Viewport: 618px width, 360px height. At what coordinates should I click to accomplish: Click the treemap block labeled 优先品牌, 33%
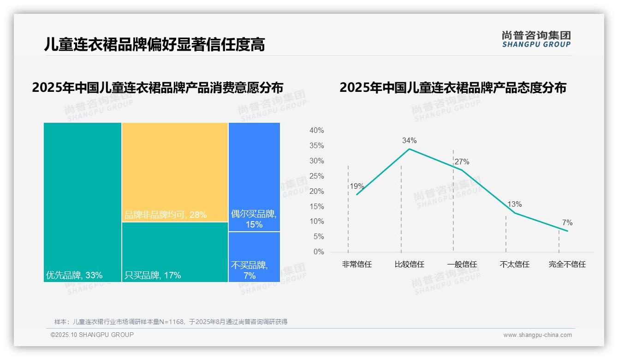(x=83, y=202)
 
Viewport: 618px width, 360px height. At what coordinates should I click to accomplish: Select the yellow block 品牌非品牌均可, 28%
(x=175, y=172)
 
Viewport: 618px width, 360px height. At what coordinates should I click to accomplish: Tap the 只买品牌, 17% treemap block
(x=175, y=252)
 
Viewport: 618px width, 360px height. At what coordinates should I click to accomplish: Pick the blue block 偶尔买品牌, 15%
(x=254, y=176)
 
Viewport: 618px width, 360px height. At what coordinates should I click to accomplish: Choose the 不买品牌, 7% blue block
(x=254, y=257)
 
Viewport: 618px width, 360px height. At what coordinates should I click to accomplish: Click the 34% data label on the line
(x=409, y=140)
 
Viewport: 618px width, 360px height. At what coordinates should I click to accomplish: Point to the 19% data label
(x=357, y=186)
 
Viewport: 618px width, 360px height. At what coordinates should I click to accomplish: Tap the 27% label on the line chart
(x=462, y=162)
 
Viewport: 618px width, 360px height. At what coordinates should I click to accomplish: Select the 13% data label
(x=514, y=204)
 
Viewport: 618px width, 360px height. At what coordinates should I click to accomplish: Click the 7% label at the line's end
(x=567, y=223)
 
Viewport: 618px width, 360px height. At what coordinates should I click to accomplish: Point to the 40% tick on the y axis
(x=316, y=131)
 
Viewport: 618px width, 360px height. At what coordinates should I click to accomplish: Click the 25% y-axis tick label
(x=316, y=176)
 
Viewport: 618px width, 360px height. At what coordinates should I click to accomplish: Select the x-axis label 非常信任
(x=357, y=264)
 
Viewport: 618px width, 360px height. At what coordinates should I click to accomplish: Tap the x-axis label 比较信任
(x=409, y=264)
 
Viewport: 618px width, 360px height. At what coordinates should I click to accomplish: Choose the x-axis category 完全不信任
(x=567, y=264)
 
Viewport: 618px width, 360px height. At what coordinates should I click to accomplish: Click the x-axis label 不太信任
(x=514, y=264)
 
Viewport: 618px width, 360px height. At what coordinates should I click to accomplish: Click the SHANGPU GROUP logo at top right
(x=536, y=39)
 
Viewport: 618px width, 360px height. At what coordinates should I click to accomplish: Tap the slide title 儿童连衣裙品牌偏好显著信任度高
(x=154, y=44)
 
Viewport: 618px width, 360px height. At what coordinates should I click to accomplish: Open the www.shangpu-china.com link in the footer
(x=537, y=335)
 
